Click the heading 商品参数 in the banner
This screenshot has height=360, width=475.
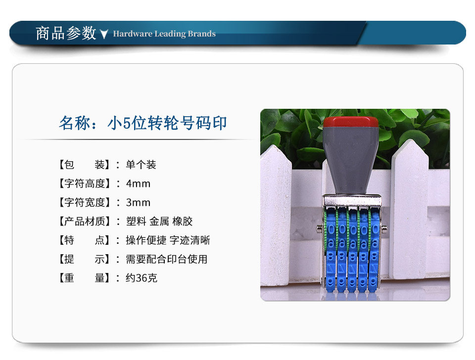(x=66, y=33)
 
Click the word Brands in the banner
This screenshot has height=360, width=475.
(x=201, y=34)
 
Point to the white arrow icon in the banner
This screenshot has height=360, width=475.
(x=104, y=34)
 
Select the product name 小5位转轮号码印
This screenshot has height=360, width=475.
(x=167, y=123)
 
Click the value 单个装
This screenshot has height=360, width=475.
(x=141, y=165)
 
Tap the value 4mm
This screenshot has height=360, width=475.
(x=138, y=183)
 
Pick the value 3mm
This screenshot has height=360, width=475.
(x=138, y=203)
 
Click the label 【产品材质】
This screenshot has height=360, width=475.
(x=84, y=222)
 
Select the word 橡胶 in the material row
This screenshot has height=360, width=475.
(x=183, y=222)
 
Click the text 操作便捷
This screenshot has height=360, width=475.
(x=146, y=240)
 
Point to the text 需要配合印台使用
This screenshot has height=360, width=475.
(x=167, y=259)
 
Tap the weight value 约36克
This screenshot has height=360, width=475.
(x=142, y=278)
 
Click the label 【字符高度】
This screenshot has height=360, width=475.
(x=84, y=183)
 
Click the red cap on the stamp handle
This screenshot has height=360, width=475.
(x=351, y=122)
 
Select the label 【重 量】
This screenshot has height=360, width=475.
(x=84, y=278)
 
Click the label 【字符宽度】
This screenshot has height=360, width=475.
(x=84, y=203)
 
